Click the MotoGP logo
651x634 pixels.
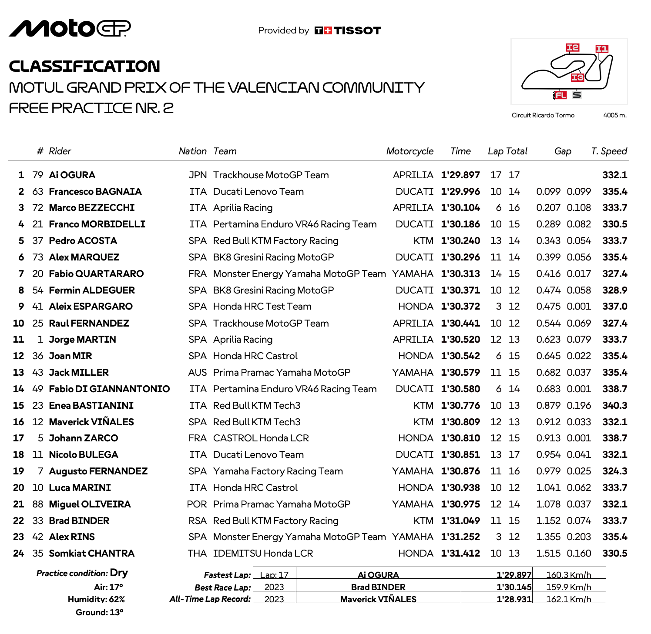(70, 29)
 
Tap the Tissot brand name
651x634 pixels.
(357, 30)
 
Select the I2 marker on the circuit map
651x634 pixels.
(572, 47)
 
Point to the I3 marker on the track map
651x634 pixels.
(577, 77)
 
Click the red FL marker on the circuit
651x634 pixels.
(560, 95)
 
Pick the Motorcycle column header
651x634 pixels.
(409, 151)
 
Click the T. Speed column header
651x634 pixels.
(609, 151)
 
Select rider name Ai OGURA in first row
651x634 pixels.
(72, 175)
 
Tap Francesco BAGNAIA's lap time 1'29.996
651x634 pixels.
(460, 192)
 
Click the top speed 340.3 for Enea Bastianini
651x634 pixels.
(614, 406)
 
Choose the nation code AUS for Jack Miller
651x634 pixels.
(198, 373)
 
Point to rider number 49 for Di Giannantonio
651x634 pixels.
(38, 389)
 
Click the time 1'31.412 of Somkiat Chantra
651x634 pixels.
(460, 554)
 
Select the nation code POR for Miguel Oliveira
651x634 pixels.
(197, 504)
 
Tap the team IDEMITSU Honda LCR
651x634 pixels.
(263, 554)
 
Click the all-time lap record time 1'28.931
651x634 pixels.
(514, 599)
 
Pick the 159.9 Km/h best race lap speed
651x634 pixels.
(568, 587)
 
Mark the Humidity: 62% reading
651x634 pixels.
(96, 600)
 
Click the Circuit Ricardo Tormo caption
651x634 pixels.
(543, 115)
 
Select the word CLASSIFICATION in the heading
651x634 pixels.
(84, 66)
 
